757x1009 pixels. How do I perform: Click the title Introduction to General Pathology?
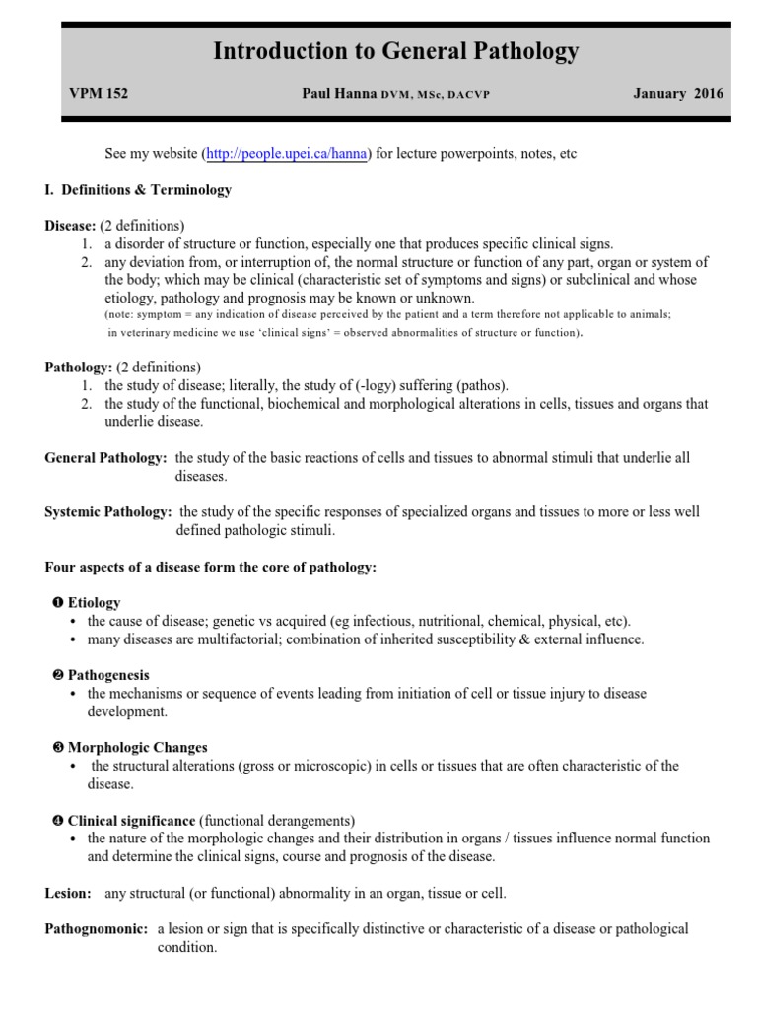[x=396, y=52]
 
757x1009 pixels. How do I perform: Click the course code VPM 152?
[x=99, y=94]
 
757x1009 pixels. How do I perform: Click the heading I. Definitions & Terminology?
[x=138, y=190]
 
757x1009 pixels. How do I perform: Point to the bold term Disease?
[x=71, y=226]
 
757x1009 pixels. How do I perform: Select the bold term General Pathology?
[x=105, y=458]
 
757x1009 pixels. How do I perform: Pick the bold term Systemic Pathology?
[x=109, y=512]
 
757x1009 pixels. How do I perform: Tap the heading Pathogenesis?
[x=108, y=675]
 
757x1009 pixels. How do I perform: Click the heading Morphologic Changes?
[x=137, y=748]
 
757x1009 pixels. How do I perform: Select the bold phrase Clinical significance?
[x=131, y=821]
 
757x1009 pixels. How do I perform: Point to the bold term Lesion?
[x=67, y=893]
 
